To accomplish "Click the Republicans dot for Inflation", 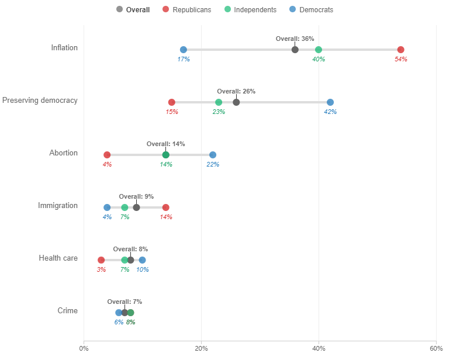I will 400,50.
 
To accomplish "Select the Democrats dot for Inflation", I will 184,50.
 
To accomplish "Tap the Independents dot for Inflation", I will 319,50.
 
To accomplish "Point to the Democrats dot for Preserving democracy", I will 330,102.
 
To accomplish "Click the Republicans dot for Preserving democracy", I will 171,102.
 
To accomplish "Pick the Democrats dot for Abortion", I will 213,155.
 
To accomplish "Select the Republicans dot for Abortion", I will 107,155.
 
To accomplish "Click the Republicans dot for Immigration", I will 165,207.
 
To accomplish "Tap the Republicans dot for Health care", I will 101,260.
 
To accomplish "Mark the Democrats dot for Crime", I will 119,313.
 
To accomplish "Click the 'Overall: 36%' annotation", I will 295,39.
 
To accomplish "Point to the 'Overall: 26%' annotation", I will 236,91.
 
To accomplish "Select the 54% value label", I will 400,59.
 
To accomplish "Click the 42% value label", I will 330,112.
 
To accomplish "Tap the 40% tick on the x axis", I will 319,348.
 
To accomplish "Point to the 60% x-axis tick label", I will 436,348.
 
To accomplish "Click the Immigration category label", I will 58,206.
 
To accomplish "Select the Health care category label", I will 58,258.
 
